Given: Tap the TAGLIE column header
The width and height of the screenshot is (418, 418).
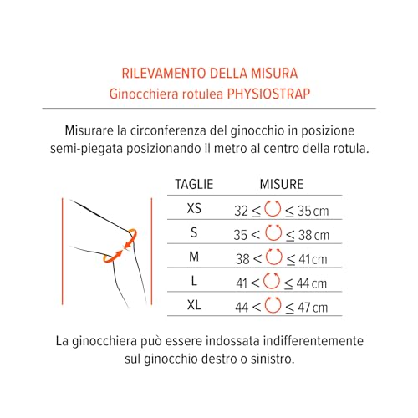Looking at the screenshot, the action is tap(194, 184).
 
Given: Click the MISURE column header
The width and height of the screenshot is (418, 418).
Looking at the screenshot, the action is tap(282, 184).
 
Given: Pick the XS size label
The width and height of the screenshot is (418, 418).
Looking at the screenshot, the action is tap(194, 208).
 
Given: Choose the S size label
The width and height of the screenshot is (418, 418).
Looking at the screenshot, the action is tap(194, 232).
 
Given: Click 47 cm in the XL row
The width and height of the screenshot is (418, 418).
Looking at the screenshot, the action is tap(313, 308).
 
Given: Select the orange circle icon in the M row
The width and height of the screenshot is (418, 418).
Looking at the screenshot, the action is tap(273, 257).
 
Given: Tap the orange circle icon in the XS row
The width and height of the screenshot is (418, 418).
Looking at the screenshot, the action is tap(273, 209).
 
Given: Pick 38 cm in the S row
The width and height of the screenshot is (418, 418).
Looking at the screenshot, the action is tap(313, 235).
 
